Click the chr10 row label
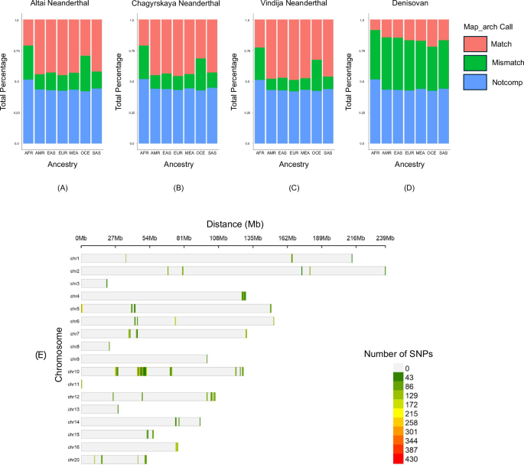[x=74, y=372]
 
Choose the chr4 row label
[x=74, y=296]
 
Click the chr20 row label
[x=74, y=459]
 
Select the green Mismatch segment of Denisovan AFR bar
[x=376, y=54]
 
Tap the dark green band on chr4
[x=244, y=296]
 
